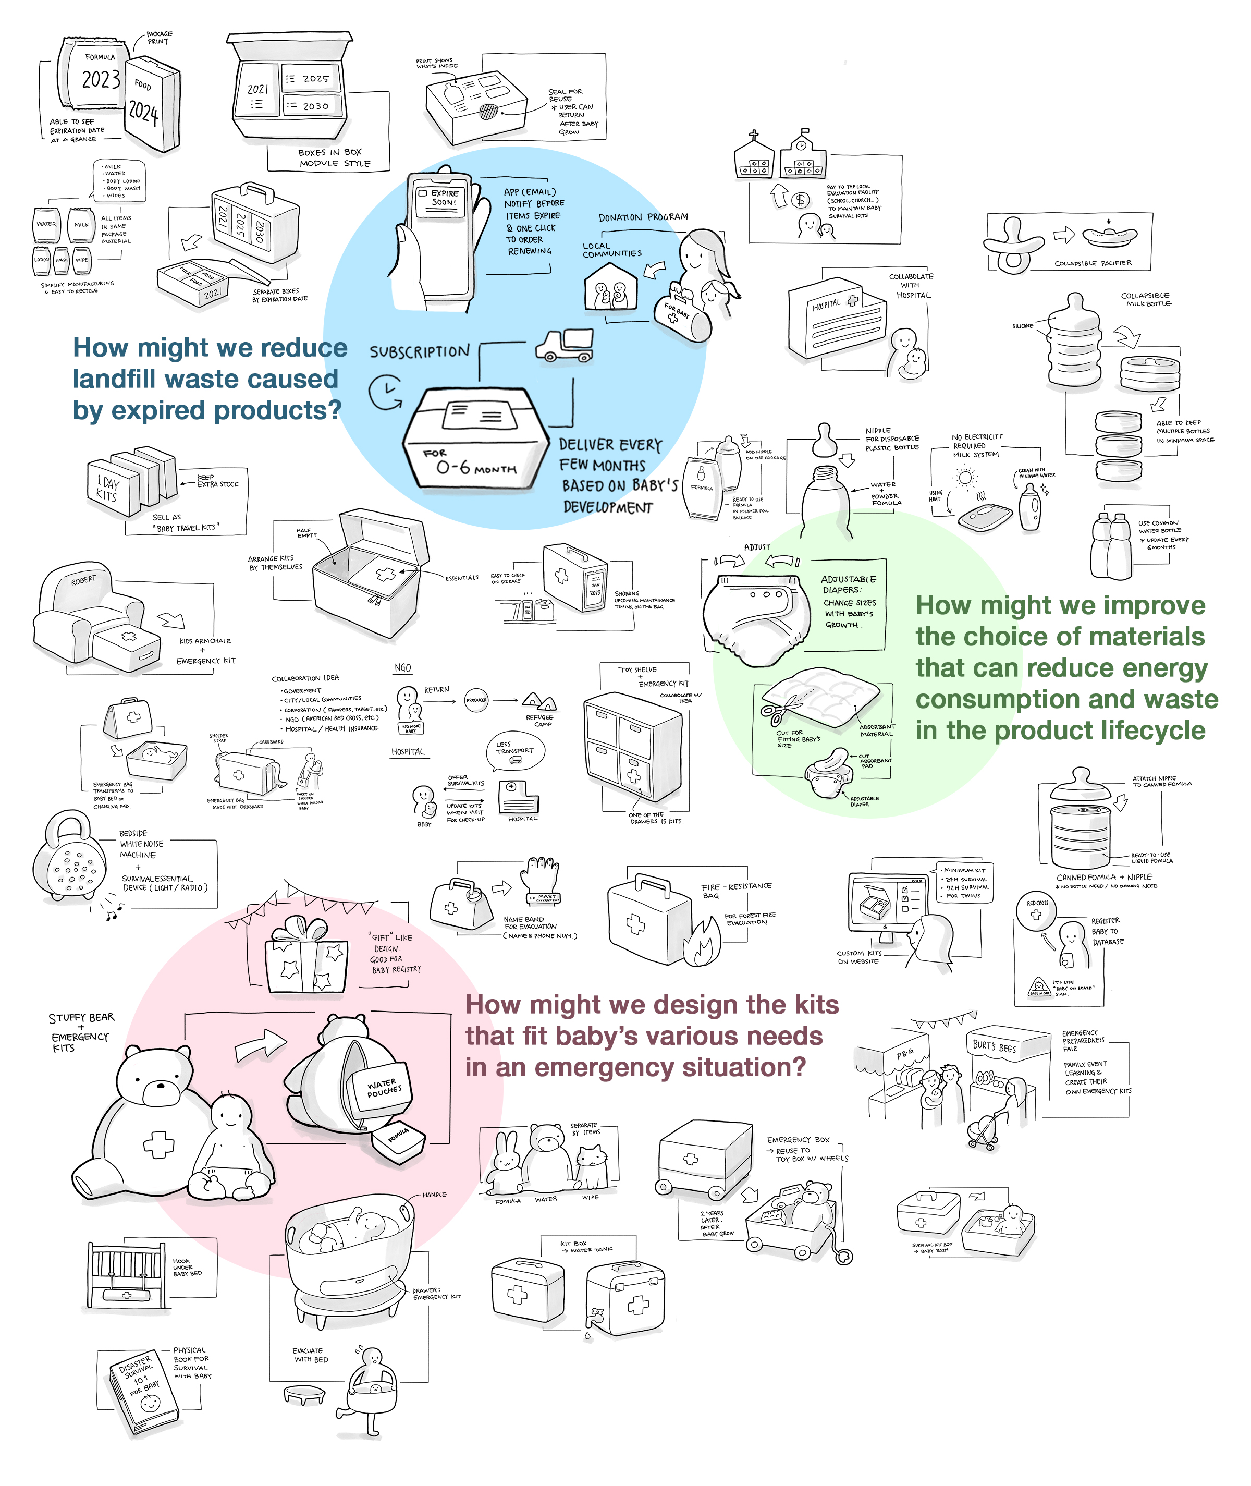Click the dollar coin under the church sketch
801,201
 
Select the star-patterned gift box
306,959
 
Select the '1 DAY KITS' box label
108,488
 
